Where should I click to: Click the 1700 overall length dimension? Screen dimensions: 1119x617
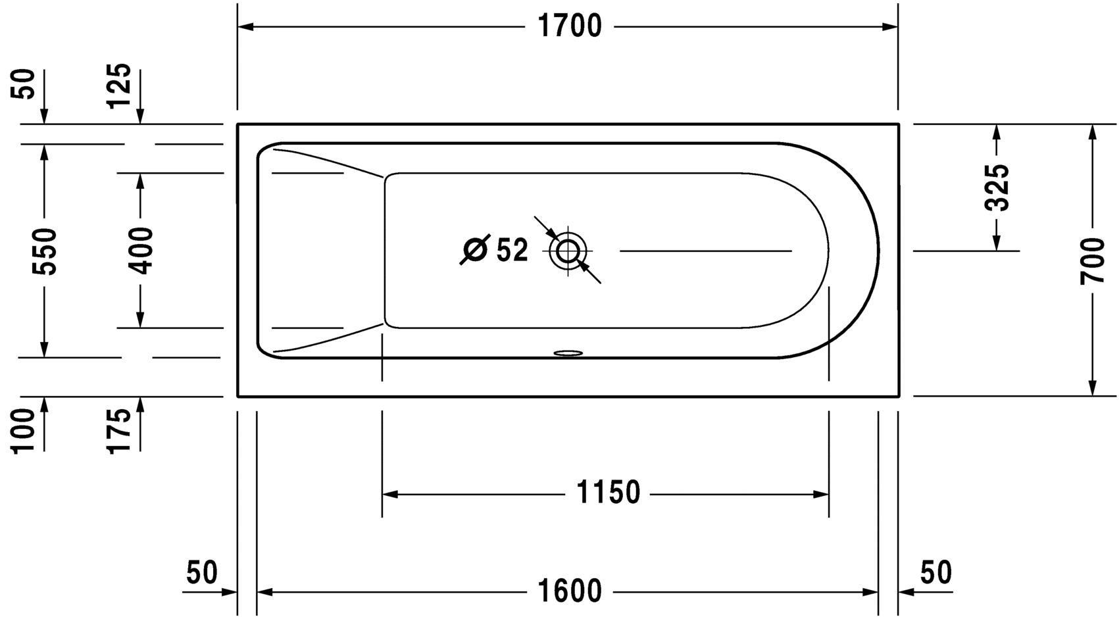pyautogui.click(x=570, y=26)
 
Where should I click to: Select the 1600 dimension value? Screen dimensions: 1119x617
pyautogui.click(x=570, y=591)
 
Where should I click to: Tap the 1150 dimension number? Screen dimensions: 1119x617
pyautogui.click(x=608, y=493)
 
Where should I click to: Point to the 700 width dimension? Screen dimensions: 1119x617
pyautogui.click(x=1092, y=261)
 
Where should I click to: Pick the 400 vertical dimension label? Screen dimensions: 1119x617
pyautogui.click(x=140, y=251)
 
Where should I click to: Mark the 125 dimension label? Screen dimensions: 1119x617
pyautogui.click(x=119, y=86)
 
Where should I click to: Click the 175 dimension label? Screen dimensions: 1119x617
pyautogui.click(x=119, y=431)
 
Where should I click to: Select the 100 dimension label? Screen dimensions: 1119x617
pyautogui.click(x=23, y=431)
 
